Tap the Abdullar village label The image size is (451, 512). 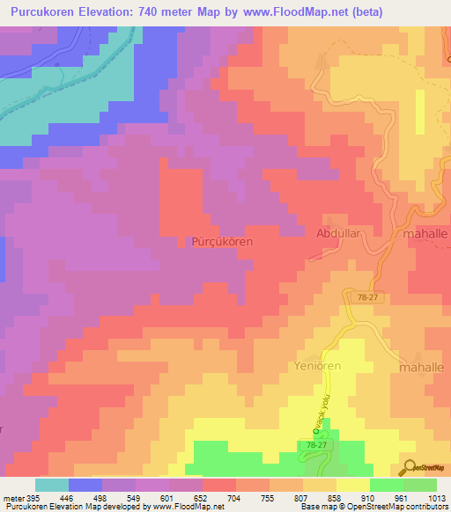(338, 235)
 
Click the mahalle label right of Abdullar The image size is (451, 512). (425, 236)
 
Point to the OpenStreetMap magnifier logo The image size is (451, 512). (409, 467)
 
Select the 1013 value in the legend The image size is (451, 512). (435, 497)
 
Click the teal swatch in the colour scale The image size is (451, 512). (52, 485)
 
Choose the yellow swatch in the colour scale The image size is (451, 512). (352, 485)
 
